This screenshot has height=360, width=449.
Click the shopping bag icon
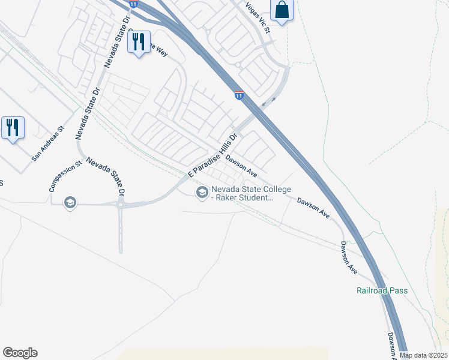(281, 10)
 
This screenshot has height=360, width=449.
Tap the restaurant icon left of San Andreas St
(13, 128)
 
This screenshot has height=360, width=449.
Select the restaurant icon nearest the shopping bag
(139, 41)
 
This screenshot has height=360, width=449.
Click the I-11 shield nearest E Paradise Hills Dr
(239, 95)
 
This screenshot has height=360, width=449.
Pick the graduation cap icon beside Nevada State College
(202, 191)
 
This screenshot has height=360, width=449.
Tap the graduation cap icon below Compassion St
(70, 203)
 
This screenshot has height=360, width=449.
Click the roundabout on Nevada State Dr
(121, 204)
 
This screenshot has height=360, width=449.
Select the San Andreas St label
(48, 144)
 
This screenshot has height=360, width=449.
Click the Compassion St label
(65, 176)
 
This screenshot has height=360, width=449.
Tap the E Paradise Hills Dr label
(213, 155)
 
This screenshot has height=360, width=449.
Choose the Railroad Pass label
(382, 291)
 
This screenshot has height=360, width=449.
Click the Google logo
(20, 353)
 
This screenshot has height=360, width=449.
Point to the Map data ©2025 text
(424, 355)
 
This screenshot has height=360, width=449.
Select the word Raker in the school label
(231, 197)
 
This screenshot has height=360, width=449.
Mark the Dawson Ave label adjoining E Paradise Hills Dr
(241, 166)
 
